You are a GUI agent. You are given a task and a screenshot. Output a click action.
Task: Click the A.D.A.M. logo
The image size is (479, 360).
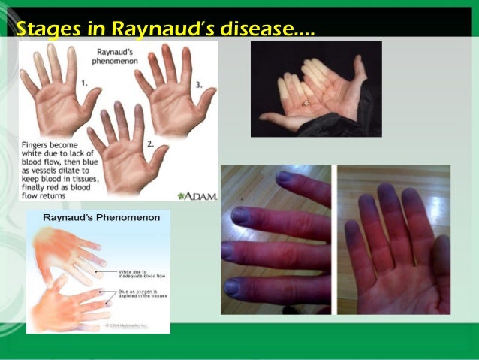(x=197, y=195)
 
